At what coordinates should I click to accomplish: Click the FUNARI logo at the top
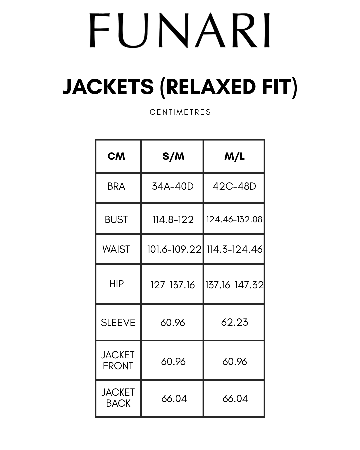(180, 30)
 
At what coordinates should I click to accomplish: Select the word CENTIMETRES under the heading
(180, 112)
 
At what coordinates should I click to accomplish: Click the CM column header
(116, 156)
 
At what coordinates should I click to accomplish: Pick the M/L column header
(234, 156)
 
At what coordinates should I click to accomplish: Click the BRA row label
(116, 186)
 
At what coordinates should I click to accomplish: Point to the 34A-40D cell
(173, 186)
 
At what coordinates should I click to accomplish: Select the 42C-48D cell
(234, 186)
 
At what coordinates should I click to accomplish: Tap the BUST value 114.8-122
(173, 219)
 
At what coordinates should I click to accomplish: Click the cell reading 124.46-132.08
(234, 219)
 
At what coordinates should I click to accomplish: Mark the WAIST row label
(116, 249)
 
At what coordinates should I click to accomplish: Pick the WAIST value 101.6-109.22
(174, 249)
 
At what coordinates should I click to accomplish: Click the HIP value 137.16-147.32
(234, 285)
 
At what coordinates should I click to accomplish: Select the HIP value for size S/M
(173, 285)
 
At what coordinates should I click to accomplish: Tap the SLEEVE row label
(118, 322)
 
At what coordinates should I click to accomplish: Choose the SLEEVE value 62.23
(235, 322)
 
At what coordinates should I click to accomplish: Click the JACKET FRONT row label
(118, 360)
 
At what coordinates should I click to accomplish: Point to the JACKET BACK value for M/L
(235, 399)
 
